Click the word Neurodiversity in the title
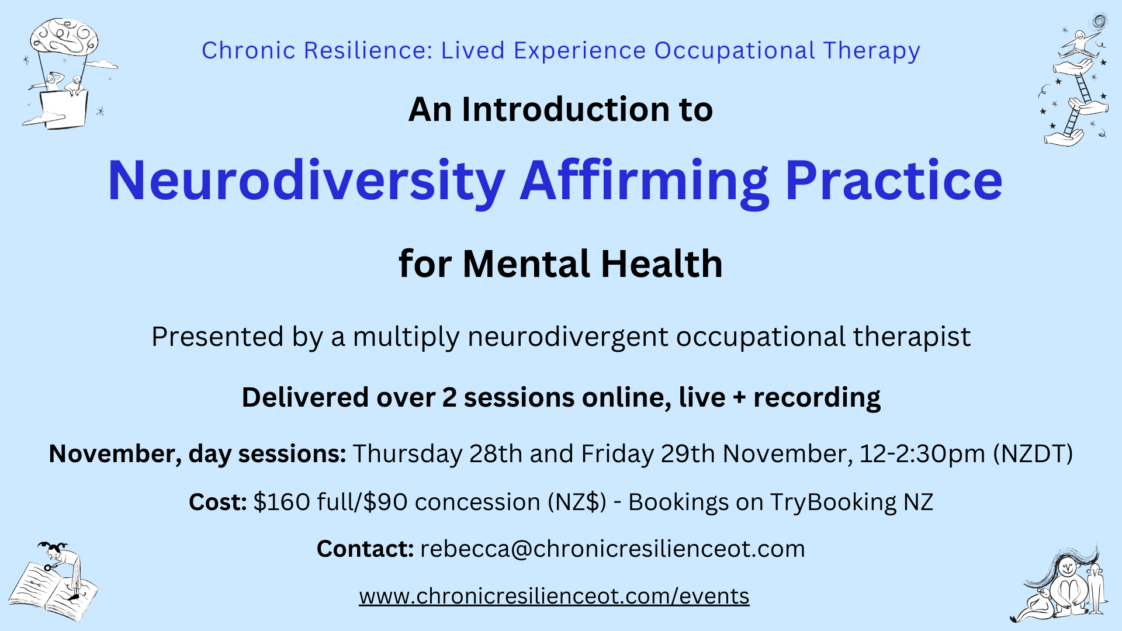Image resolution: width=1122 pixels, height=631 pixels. click(x=306, y=181)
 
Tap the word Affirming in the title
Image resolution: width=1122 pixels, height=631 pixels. click(x=643, y=181)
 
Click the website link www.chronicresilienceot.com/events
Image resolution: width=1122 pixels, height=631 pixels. click(x=554, y=596)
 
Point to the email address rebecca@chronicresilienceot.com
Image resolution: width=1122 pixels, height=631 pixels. click(x=612, y=549)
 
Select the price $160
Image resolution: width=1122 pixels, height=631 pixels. click(x=282, y=502)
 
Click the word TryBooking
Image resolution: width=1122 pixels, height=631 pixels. click(x=833, y=502)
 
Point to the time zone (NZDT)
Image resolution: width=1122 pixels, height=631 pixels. click(x=1033, y=454)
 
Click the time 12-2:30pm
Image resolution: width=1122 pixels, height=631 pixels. click(x=922, y=454)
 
